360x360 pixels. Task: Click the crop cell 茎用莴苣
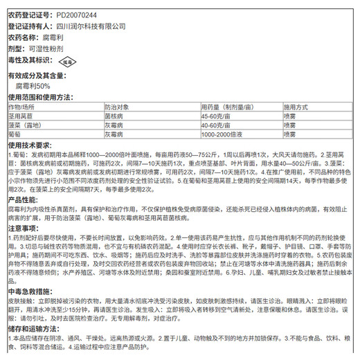pyautogui.click(x=21, y=118)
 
